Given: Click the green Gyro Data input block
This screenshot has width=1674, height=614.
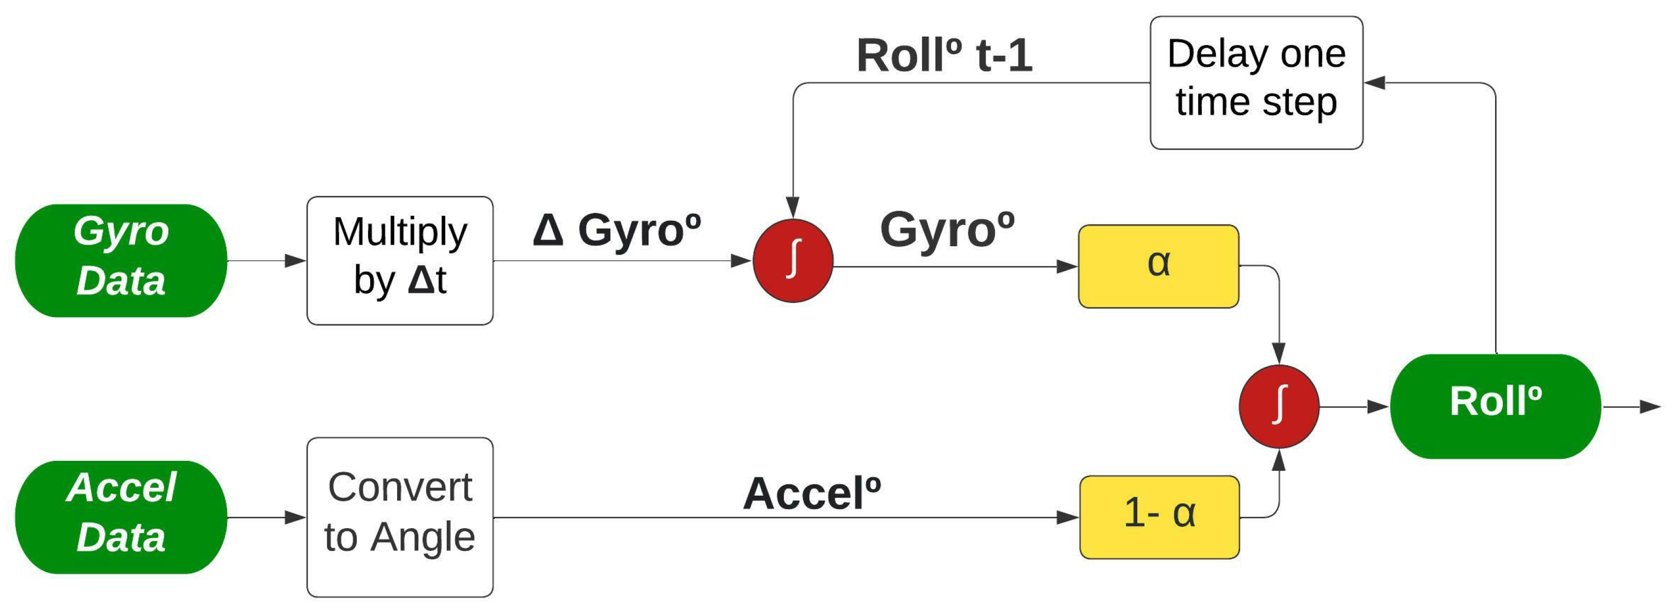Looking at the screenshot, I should pyautogui.click(x=121, y=261).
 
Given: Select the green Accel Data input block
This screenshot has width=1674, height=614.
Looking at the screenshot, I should pyautogui.click(x=121, y=517).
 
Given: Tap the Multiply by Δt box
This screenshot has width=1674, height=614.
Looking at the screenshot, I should pyautogui.click(x=400, y=261).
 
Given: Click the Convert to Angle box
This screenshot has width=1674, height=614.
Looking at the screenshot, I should pyautogui.click(x=400, y=517).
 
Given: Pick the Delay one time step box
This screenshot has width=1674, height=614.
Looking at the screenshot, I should pyautogui.click(x=1256, y=83).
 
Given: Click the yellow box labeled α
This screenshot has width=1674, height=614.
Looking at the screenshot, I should pyautogui.click(x=1158, y=266).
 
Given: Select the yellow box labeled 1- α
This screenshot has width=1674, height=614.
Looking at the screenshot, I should pyautogui.click(x=1159, y=517).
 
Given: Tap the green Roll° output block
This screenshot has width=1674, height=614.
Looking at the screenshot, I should pyautogui.click(x=1495, y=406).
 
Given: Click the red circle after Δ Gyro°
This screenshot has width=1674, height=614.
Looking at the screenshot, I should pyautogui.click(x=793, y=261).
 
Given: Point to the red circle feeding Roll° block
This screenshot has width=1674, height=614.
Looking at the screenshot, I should pyautogui.click(x=1278, y=406).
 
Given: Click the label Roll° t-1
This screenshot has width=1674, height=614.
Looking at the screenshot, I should pyautogui.click(x=944, y=55).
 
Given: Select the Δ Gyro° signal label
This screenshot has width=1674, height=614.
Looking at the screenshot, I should pyautogui.click(x=616, y=230).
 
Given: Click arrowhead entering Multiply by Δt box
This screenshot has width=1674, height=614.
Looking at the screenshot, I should pyautogui.click(x=296, y=261).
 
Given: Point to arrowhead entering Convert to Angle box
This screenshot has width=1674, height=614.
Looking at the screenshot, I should pyautogui.click(x=296, y=518).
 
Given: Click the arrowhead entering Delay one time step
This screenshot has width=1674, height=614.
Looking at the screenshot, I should pyautogui.click(x=1374, y=83).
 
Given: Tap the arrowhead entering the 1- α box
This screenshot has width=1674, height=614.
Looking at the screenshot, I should pyautogui.click(x=1068, y=518).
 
